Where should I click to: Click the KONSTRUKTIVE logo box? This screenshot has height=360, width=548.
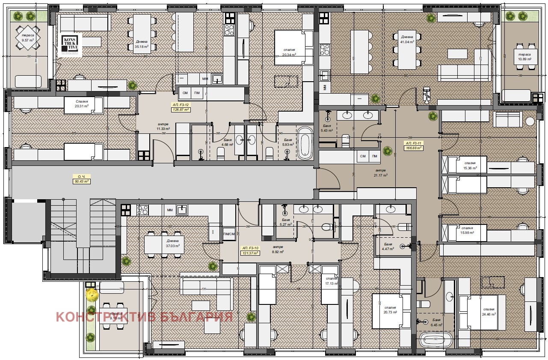click(70, 44)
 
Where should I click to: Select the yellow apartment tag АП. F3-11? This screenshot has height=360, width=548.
click(414, 145)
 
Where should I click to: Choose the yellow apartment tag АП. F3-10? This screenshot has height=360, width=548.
click(251, 251)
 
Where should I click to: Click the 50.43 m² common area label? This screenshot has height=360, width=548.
click(81, 179)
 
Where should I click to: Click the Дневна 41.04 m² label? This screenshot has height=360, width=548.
click(407, 40)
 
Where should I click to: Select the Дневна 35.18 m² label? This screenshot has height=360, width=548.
click(141, 44)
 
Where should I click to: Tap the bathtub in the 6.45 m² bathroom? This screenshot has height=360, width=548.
click(436, 341)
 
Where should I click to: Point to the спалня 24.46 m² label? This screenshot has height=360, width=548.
click(489, 312)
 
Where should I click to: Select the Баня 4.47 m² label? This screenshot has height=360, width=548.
click(388, 246)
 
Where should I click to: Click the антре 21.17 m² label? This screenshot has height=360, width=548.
click(380, 173)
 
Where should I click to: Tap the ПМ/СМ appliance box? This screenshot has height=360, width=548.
click(229, 234)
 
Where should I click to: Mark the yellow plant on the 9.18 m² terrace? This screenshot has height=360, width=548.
click(91, 294)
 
